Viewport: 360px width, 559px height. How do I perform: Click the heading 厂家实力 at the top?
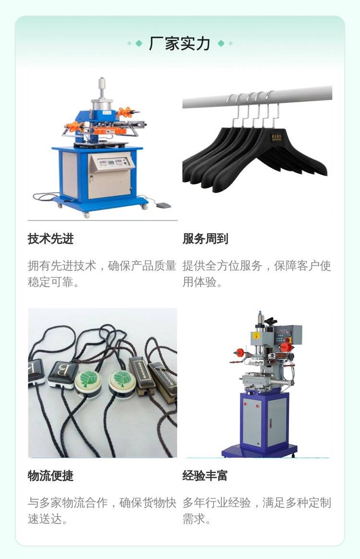[180, 44]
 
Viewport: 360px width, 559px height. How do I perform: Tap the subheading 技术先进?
[50, 239]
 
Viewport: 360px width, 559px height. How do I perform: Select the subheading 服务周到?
[205, 239]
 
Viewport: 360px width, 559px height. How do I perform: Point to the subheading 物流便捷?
[50, 475]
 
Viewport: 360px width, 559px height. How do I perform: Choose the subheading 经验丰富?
[205, 475]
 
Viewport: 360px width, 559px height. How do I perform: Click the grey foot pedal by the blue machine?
[163, 206]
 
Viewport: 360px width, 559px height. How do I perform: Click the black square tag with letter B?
[63, 374]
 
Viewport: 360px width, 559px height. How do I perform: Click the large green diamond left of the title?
[139, 44]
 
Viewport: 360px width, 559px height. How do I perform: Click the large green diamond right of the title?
[221, 44]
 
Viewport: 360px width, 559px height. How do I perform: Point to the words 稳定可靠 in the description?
[50, 282]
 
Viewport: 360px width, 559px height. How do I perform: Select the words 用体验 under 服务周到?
[200, 282]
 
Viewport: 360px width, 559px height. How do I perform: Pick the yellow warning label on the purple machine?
[255, 336]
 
